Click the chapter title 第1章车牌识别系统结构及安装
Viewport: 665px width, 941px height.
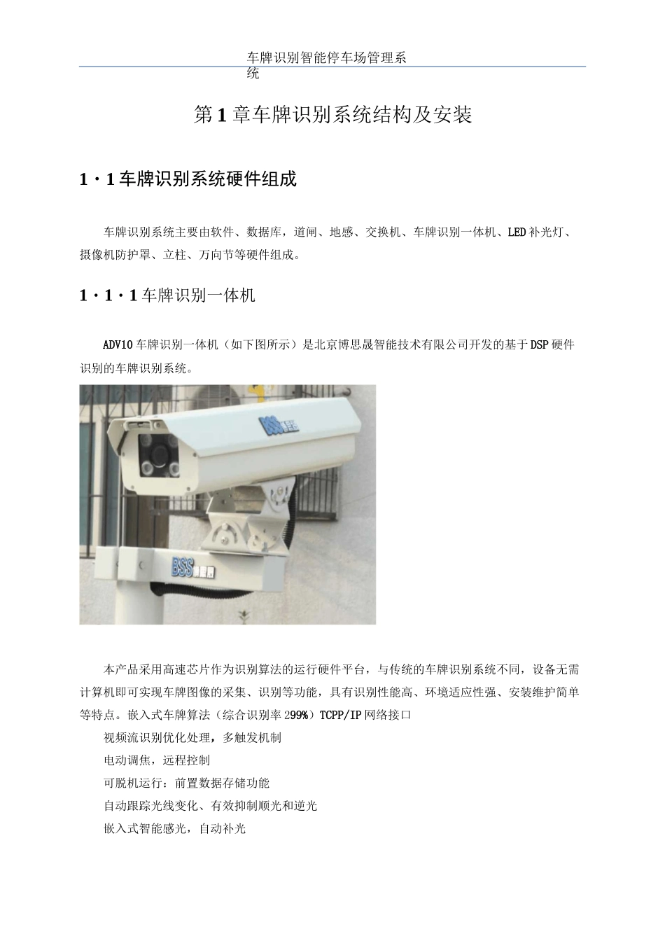pos(332,115)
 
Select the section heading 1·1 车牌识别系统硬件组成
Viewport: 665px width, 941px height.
pos(188,179)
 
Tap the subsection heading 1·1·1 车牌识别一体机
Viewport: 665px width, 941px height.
pos(167,295)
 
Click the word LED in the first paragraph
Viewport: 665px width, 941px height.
pos(517,232)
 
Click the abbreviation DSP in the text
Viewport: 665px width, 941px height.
pos(539,345)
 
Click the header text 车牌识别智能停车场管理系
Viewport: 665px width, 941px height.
pos(327,58)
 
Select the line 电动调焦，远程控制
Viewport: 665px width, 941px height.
pos(157,760)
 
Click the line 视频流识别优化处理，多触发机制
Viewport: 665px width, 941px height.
pos(192,738)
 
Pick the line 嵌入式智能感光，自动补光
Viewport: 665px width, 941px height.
pos(175,829)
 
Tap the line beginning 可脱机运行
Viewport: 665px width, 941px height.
pos(186,783)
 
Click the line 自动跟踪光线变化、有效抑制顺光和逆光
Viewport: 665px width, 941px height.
pos(210,806)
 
